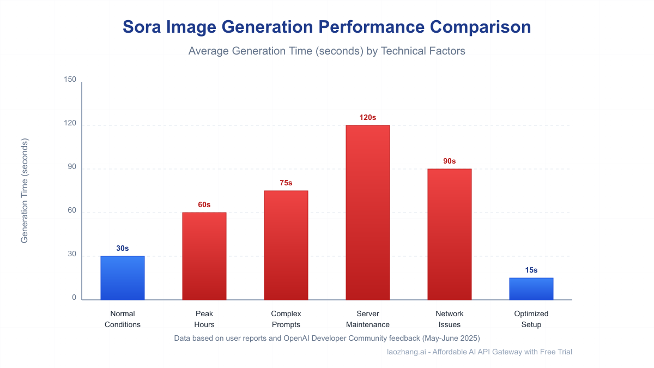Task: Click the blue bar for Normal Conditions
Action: coord(123,278)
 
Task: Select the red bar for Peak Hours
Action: coord(204,256)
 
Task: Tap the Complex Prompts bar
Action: coord(286,245)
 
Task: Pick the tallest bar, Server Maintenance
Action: coord(368,213)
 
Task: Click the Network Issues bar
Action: coord(450,234)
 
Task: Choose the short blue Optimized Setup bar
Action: coord(531,289)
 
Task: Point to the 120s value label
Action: coord(368,117)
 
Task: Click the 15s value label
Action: coord(531,270)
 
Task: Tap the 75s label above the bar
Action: coord(286,183)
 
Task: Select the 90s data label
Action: coord(450,161)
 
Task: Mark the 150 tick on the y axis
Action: coord(70,80)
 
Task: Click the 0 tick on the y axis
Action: coord(74,298)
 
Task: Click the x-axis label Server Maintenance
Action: coord(368,319)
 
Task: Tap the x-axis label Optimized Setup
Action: coord(531,319)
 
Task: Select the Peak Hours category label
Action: coord(204,319)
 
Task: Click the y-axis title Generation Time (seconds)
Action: coord(25,191)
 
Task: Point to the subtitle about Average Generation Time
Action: coord(327,51)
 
